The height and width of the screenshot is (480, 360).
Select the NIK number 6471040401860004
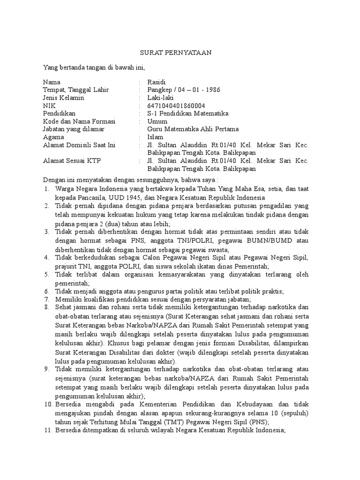point(176,106)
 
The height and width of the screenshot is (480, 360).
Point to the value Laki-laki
point(160,98)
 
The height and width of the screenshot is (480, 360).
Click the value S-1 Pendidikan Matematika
point(187,113)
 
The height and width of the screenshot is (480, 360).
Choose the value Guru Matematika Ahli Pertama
point(193,129)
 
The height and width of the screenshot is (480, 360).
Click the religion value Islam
point(155,137)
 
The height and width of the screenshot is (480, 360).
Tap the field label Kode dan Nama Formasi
point(79,121)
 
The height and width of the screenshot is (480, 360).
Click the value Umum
point(157,121)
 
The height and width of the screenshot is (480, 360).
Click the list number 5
point(47,274)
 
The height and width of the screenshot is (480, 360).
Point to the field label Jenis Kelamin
point(63,98)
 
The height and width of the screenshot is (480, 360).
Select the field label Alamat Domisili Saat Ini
point(79,145)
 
